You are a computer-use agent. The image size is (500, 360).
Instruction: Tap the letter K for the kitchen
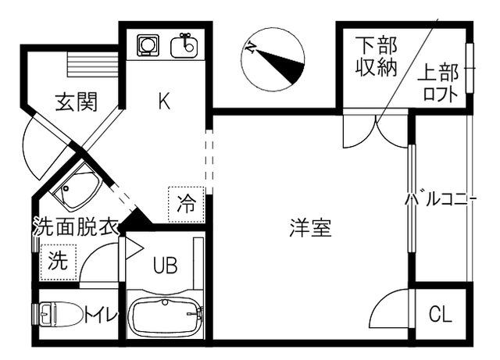tap(164, 101)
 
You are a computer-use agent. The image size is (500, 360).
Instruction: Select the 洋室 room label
tap(310, 228)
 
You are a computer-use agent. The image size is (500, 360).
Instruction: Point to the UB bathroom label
tap(165, 266)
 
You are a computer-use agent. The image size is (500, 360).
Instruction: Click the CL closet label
tap(441, 315)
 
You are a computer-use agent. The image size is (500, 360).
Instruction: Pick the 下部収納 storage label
tap(377, 56)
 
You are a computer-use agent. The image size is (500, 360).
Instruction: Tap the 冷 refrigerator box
tap(187, 205)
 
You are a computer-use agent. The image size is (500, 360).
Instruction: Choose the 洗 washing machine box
tap(59, 261)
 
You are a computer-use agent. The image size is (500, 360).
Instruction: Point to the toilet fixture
tap(61, 315)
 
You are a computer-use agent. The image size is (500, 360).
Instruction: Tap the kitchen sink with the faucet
tap(185, 45)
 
